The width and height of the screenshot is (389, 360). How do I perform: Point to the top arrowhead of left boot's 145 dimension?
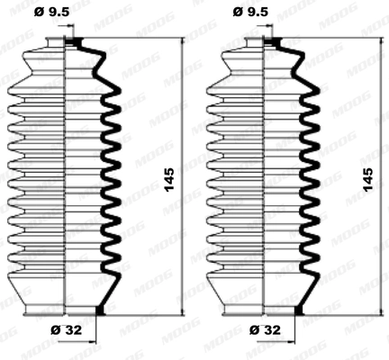click(x=182, y=43)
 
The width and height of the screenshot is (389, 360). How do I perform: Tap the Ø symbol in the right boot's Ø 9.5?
click(x=239, y=13)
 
